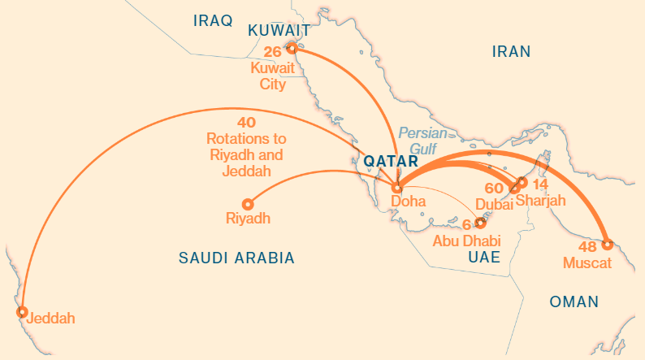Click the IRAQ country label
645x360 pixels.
pyautogui.click(x=213, y=20)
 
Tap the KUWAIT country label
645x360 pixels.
pyautogui.click(x=279, y=31)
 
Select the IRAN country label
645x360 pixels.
pyautogui.click(x=511, y=52)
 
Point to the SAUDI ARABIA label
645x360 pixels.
pyautogui.click(x=236, y=258)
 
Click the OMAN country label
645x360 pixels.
pyautogui.click(x=574, y=302)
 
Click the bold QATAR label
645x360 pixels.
pyautogui.click(x=391, y=161)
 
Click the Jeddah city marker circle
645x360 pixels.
pyautogui.click(x=23, y=312)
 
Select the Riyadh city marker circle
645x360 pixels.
pyautogui.click(x=248, y=204)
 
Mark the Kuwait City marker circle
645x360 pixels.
pyautogui.click(x=292, y=48)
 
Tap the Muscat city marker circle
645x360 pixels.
pyautogui.click(x=608, y=244)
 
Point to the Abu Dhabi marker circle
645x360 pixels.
pyautogui.click(x=480, y=222)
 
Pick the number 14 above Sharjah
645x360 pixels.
pyautogui.click(x=540, y=184)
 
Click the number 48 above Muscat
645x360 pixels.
pyautogui.click(x=588, y=246)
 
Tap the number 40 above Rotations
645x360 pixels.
pyautogui.click(x=245, y=123)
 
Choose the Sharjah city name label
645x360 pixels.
pyautogui.click(x=540, y=202)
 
